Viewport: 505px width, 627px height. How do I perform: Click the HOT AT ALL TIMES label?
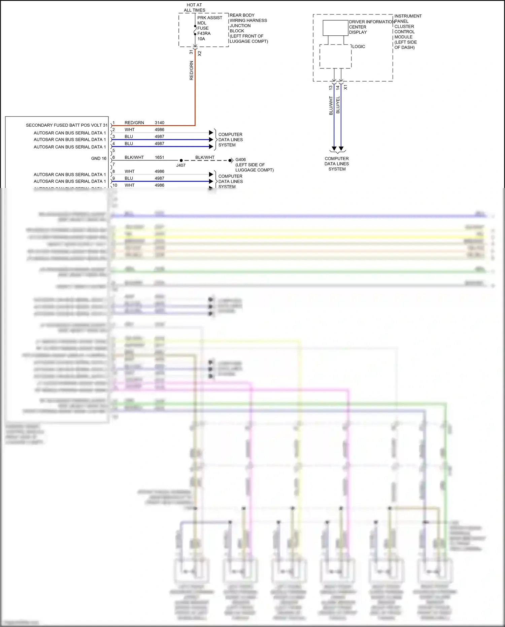(194, 8)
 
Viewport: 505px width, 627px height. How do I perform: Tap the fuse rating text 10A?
(201, 39)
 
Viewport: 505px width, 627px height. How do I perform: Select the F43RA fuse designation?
(204, 33)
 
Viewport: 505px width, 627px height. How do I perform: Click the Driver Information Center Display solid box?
(335, 28)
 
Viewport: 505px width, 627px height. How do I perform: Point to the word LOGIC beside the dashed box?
(359, 46)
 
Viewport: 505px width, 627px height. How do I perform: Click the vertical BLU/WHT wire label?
(331, 105)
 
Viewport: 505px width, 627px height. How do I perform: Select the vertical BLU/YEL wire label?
(338, 105)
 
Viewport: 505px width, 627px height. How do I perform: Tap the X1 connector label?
(345, 87)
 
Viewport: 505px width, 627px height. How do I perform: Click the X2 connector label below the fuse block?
(200, 53)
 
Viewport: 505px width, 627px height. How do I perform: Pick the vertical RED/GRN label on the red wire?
(192, 70)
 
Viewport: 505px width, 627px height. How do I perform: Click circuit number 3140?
(160, 123)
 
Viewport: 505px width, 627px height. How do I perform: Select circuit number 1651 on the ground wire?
(160, 157)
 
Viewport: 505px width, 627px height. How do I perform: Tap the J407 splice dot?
(181, 161)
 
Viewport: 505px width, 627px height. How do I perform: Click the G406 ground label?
(240, 160)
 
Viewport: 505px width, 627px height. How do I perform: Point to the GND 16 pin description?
(99, 158)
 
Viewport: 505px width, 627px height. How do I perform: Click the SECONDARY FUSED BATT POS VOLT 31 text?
(67, 125)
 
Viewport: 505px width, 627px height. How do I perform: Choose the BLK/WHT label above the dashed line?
(205, 157)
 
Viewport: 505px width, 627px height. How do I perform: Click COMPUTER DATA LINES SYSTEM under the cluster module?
(337, 164)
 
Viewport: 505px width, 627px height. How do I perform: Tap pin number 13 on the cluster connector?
(331, 87)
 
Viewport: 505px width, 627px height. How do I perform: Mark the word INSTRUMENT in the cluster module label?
(408, 16)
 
